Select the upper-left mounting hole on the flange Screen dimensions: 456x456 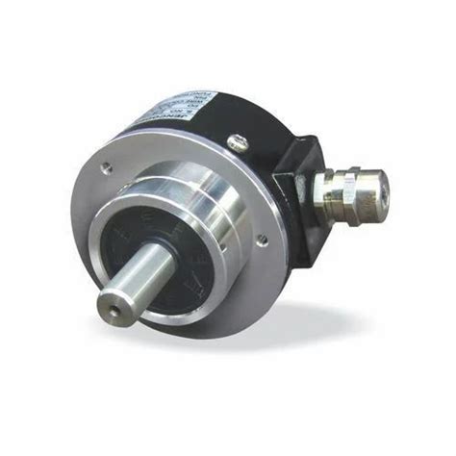click(x=106, y=168)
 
